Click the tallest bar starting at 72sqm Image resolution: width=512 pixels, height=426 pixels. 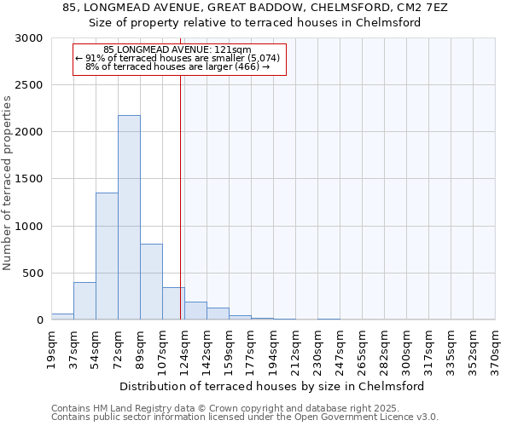pos(129,217)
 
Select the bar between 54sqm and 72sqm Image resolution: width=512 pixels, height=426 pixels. pos(107,256)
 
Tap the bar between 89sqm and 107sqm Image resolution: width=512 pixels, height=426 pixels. pos(151,281)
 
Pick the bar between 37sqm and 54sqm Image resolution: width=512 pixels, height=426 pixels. pos(84,301)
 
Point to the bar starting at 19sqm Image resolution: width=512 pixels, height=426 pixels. pos(62,316)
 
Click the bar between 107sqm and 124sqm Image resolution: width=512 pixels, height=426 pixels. pos(173,303)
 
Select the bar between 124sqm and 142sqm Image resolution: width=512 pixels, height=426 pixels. pos(195,311)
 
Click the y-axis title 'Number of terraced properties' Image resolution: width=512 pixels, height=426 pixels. pos(8,183)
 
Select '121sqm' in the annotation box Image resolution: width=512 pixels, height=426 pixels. pos(234,50)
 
